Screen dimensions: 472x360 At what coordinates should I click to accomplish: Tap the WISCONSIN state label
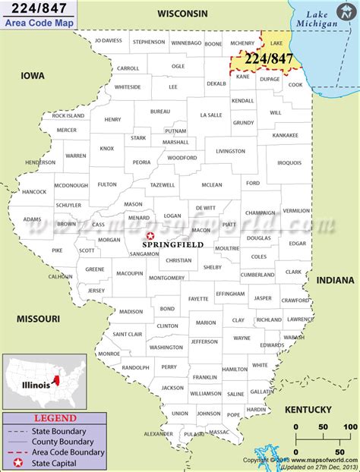[182, 14]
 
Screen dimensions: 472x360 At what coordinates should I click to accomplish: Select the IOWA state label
[33, 76]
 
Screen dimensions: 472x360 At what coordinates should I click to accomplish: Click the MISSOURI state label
[37, 319]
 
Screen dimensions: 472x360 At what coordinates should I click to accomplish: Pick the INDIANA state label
[334, 279]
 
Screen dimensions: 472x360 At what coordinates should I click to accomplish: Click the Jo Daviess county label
[108, 40]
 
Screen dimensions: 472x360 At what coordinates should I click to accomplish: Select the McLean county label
[212, 185]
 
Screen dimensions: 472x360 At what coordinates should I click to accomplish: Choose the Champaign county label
[260, 213]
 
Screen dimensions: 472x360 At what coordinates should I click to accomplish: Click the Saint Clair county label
[128, 334]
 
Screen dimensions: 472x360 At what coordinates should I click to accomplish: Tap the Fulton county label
[107, 184]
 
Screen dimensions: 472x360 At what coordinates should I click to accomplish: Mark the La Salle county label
[210, 115]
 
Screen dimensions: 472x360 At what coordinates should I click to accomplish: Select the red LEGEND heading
[55, 417]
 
